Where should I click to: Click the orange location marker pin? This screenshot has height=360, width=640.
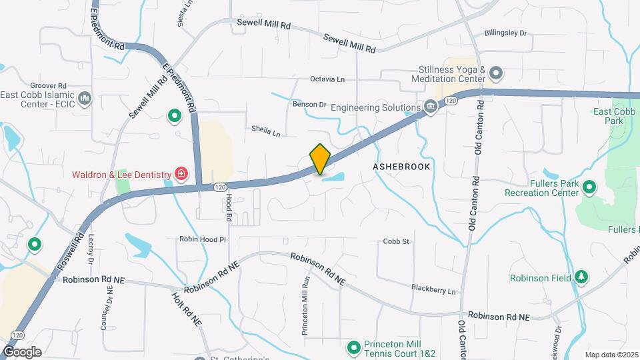320,159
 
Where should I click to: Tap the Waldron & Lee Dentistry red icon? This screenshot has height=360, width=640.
181,174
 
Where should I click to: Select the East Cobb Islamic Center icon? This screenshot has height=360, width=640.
84,99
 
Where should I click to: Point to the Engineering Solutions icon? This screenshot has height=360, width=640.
431,107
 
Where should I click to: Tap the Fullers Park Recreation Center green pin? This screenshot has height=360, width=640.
589,187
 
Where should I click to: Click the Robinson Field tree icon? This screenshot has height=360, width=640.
581,277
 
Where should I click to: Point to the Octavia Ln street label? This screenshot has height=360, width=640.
327,79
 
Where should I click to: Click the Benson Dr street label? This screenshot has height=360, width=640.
309,105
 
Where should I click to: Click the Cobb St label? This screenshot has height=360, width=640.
396,241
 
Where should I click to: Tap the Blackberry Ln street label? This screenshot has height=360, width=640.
433,290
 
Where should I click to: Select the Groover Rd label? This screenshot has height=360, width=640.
49,86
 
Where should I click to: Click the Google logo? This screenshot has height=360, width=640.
22,352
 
